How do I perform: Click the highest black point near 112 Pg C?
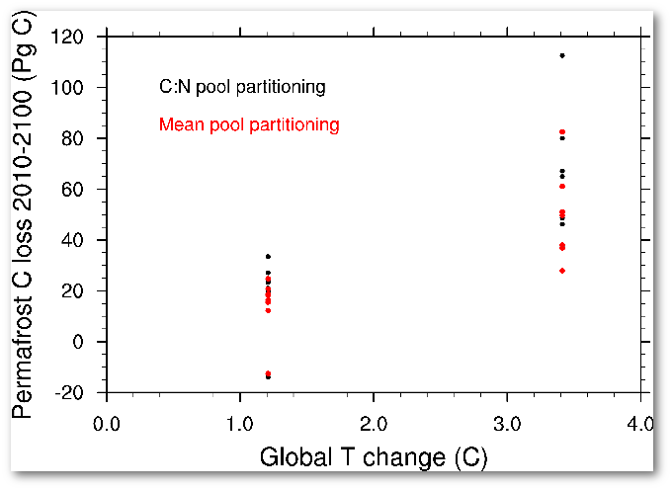point(562,55)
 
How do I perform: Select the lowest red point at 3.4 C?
point(562,271)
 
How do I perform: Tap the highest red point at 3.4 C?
point(562,131)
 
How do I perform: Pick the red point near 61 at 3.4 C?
point(562,186)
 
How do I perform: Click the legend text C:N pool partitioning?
point(242,87)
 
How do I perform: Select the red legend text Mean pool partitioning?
point(249,124)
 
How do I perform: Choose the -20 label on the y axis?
point(78,392)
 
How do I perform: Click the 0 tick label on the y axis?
point(87,342)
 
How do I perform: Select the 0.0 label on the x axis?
point(106,425)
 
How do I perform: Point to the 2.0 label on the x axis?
point(374,425)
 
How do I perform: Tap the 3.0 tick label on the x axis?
point(507,425)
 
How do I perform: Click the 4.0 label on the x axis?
point(638,425)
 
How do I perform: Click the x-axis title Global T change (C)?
point(374,458)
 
